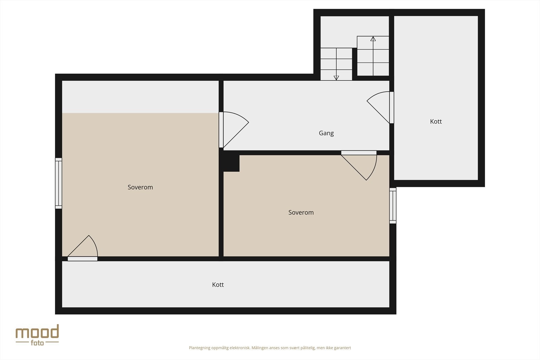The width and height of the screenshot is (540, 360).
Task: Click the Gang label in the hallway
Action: [x=326, y=133]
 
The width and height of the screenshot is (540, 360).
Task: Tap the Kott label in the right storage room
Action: [x=436, y=121]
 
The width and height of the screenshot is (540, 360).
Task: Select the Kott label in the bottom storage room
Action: [x=218, y=285]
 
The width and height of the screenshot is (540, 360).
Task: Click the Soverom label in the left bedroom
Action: [x=140, y=187]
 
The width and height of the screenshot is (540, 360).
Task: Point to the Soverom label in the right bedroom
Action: [x=301, y=213]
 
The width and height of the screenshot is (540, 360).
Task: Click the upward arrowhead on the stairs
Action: [x=373, y=39]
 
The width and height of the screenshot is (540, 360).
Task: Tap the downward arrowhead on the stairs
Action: [x=336, y=78]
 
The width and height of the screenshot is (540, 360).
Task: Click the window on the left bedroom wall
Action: [x=59, y=183]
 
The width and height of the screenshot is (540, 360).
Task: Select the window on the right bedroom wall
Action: [x=393, y=205]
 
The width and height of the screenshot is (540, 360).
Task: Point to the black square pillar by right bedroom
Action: [x=231, y=163]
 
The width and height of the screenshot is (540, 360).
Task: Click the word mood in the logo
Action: [x=37, y=332]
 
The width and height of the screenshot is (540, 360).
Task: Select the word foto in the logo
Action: [x=37, y=343]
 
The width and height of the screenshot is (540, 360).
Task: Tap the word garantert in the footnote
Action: [x=342, y=348]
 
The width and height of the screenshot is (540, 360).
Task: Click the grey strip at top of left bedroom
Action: [x=140, y=96]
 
